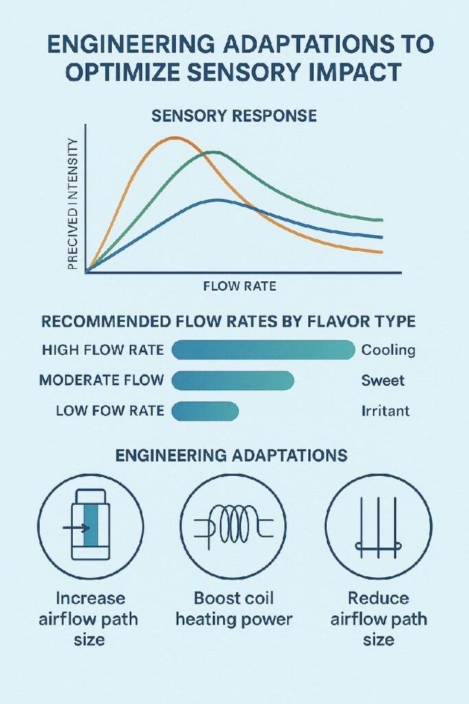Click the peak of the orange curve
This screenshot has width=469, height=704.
(x=174, y=137)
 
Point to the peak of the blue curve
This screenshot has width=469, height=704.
(x=217, y=200)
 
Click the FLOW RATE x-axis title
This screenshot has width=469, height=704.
(x=240, y=286)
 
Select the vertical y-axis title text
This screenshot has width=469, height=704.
(x=73, y=203)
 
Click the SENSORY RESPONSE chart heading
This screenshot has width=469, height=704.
(x=234, y=115)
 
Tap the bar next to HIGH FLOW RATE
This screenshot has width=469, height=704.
(x=263, y=350)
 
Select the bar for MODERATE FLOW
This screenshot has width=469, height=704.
(x=232, y=380)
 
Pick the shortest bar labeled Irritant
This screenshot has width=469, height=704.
(x=205, y=411)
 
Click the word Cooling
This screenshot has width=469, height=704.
(x=388, y=350)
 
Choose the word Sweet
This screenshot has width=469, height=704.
(x=382, y=380)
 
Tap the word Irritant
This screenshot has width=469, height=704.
(x=385, y=411)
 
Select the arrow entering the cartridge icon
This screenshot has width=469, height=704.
(x=71, y=528)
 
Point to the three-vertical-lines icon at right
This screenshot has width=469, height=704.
(x=378, y=527)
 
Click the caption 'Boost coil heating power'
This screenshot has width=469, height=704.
(x=234, y=608)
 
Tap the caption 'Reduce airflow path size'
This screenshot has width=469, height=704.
(x=378, y=618)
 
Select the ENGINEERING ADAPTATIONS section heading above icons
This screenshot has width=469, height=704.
(x=231, y=455)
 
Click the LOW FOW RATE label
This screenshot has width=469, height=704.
(x=110, y=411)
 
